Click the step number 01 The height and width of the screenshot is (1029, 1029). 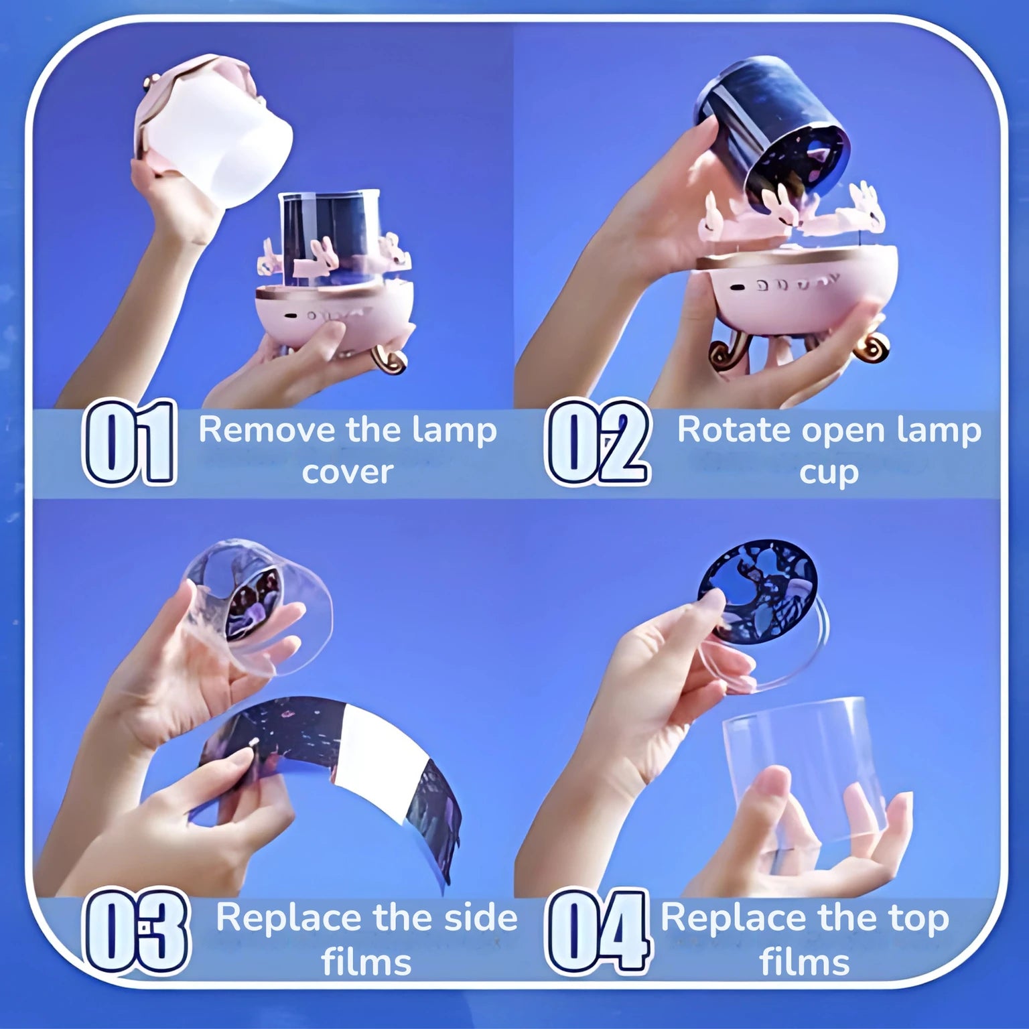(x=129, y=441)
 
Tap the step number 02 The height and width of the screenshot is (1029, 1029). (x=598, y=441)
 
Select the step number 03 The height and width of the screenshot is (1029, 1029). (x=136, y=931)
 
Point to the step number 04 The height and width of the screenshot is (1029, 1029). (x=598, y=931)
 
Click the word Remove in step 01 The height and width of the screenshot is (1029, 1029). (x=267, y=429)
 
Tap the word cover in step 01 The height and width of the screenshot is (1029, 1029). (x=347, y=472)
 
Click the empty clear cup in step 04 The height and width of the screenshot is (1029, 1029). (x=804, y=770)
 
